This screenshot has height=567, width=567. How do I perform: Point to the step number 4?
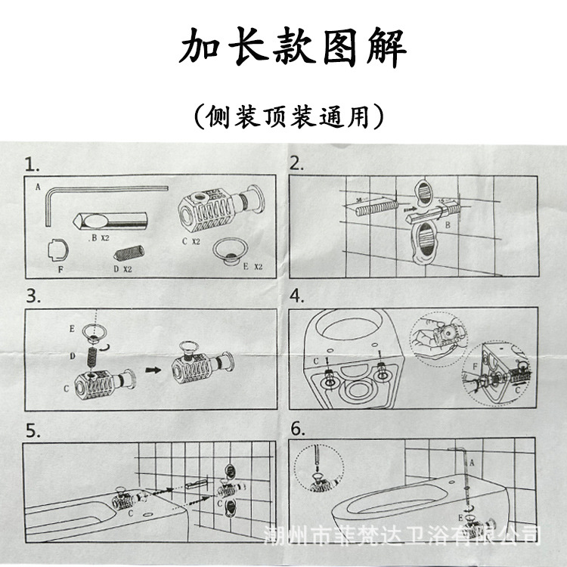298,296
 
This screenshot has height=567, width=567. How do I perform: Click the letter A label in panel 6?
472,461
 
